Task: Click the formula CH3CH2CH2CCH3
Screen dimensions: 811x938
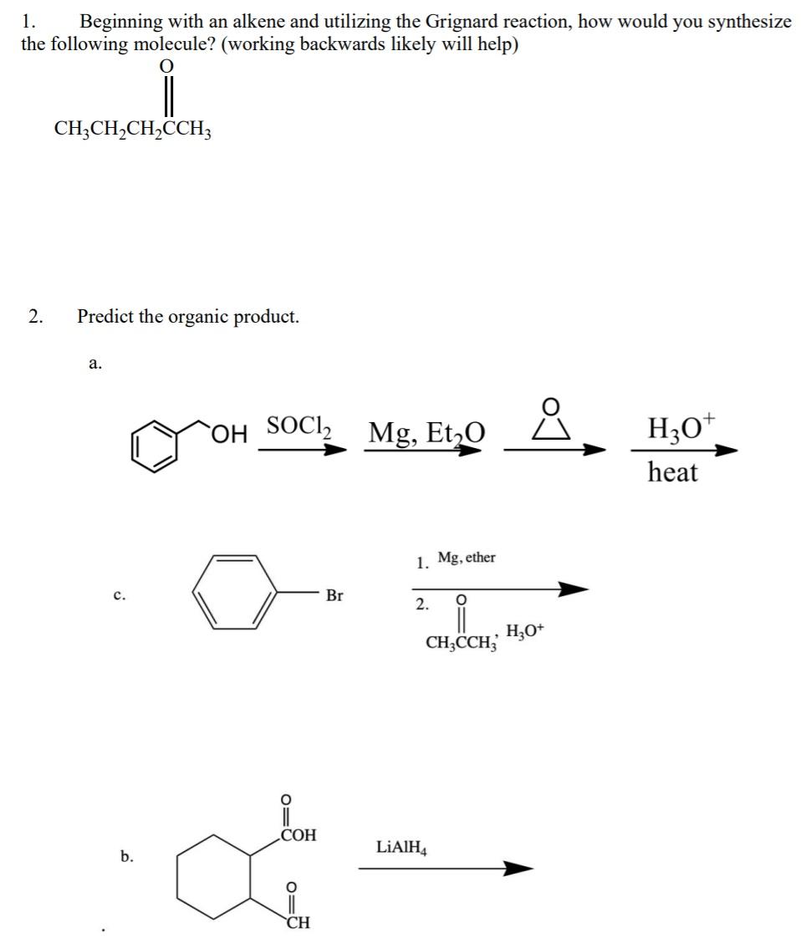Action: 133,129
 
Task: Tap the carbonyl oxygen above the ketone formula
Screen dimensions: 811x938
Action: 167,65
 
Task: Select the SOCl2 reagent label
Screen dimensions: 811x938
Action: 298,426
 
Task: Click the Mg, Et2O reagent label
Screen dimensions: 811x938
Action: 424,433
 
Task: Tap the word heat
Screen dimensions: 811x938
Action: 672,472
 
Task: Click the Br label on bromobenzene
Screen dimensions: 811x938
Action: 334,596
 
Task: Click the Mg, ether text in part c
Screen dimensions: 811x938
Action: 467,558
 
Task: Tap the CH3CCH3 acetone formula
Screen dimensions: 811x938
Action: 462,643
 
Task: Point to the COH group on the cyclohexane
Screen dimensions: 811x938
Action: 298,834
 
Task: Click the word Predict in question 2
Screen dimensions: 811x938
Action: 105,317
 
